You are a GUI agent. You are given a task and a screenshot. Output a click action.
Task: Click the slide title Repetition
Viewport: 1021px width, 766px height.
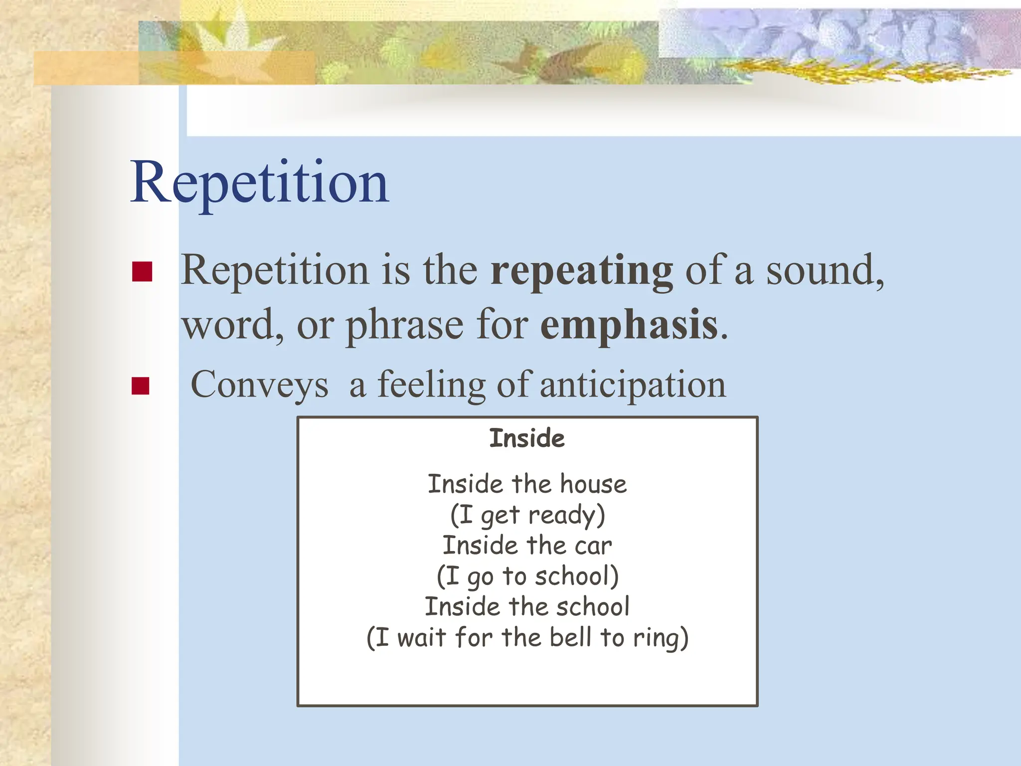click(259, 182)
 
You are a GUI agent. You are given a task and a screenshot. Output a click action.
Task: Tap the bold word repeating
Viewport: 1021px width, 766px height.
click(581, 271)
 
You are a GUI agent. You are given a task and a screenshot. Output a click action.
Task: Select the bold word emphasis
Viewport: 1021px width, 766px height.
click(629, 325)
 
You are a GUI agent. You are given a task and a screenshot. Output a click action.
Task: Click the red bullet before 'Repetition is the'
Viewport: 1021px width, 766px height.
click(142, 272)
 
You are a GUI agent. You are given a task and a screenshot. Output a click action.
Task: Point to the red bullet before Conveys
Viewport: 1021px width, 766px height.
click(141, 386)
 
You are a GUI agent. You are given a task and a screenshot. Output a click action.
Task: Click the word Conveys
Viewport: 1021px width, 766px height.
click(259, 385)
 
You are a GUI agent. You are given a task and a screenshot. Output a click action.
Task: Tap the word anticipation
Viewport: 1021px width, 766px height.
click(633, 385)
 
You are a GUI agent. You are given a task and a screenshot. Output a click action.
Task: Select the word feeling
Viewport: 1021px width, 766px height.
click(431, 385)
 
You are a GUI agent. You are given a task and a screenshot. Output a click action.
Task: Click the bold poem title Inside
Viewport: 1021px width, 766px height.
click(527, 438)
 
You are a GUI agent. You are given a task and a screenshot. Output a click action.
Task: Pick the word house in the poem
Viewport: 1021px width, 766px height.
click(593, 484)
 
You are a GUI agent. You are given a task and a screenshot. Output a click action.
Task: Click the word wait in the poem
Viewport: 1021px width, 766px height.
click(421, 637)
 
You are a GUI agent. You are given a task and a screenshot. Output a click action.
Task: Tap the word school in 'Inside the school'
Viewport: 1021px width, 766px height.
click(593, 607)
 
